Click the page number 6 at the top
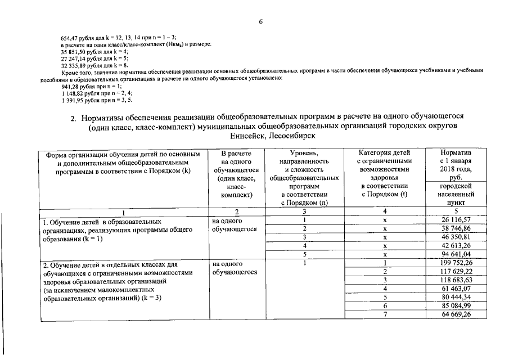pyautogui.click(x=261, y=22)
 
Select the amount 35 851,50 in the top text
pyautogui.click(x=73, y=51)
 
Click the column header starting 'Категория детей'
pyautogui.click(x=385, y=153)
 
